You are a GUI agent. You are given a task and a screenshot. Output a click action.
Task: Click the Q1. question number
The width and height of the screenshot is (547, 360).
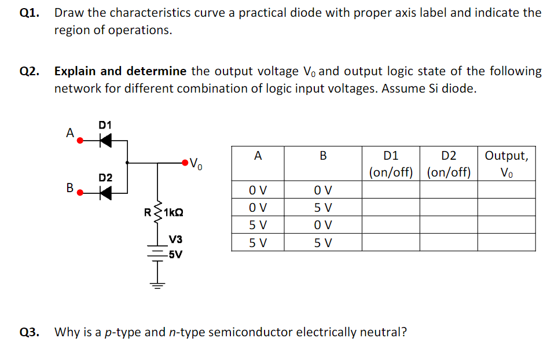click(x=29, y=13)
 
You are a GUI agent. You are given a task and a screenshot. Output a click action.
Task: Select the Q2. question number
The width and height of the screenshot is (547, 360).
click(x=29, y=72)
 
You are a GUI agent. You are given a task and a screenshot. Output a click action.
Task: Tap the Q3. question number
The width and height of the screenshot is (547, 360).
click(x=29, y=332)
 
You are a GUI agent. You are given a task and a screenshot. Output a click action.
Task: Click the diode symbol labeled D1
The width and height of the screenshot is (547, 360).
click(x=105, y=139)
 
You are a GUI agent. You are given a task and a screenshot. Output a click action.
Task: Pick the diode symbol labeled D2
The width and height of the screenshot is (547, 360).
click(x=105, y=191)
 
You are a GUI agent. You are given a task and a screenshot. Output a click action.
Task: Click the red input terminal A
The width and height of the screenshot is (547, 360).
click(x=80, y=140)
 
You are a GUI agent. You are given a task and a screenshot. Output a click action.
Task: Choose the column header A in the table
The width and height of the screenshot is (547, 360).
click(x=258, y=155)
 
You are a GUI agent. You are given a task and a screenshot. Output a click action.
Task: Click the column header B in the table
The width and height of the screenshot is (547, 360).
click(x=323, y=155)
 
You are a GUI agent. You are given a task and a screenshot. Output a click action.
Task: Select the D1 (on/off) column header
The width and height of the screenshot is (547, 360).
click(x=391, y=164)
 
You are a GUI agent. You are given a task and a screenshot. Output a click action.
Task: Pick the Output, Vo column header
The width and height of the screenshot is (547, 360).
click(x=506, y=164)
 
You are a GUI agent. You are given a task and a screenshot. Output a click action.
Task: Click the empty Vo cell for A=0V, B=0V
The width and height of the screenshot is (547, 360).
click(x=506, y=190)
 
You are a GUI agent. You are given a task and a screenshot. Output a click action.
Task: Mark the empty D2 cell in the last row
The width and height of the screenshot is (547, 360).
click(x=449, y=243)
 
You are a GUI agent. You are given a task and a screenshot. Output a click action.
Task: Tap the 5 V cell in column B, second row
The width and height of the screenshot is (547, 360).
click(x=323, y=207)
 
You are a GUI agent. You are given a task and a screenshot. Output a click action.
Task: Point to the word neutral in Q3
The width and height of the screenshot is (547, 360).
click(x=380, y=332)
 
